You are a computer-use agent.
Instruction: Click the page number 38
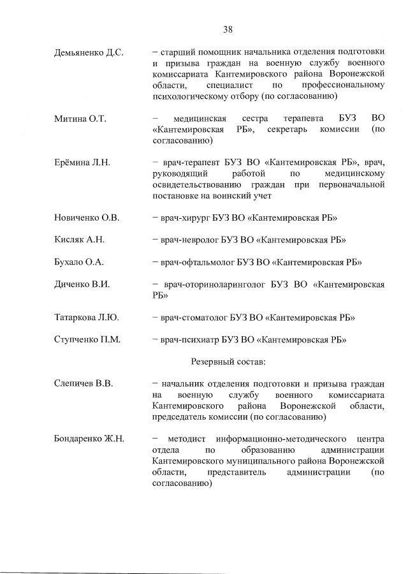tap(228, 29)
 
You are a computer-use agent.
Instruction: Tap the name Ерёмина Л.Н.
tap(83, 163)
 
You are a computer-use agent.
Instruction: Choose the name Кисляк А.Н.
tap(79, 240)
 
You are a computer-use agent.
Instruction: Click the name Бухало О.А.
tap(79, 261)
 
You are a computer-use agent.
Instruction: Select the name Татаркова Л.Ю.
tap(87, 317)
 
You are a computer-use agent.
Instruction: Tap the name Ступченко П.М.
tap(87, 339)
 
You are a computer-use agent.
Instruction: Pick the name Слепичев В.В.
tap(83, 384)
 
